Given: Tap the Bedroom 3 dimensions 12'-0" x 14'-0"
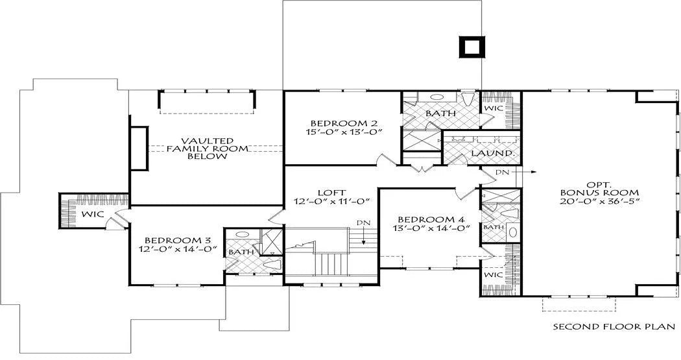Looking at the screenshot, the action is click(178, 249).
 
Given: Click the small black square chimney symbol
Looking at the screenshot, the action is click(471, 47).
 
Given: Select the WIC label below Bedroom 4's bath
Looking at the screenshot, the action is click(493, 275).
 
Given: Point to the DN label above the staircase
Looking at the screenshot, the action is click(363, 222).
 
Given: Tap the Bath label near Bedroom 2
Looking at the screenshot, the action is click(440, 114).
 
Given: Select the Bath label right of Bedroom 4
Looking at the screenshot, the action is click(494, 227).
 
